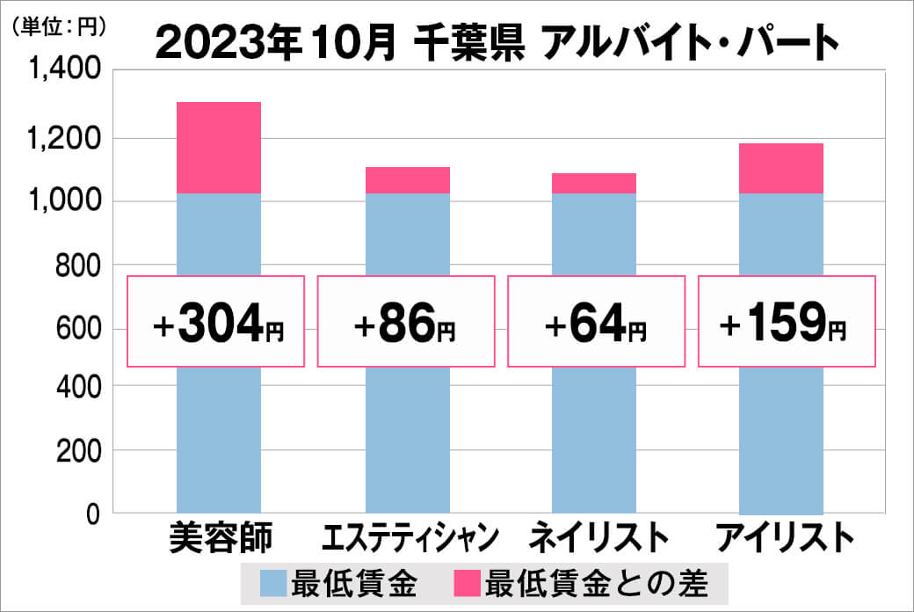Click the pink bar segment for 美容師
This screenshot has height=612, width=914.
click(219, 148)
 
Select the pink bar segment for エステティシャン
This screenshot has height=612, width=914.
click(407, 180)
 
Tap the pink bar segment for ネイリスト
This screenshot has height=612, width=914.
click(594, 184)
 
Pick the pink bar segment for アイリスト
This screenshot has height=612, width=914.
click(781, 168)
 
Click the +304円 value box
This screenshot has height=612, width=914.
click(216, 322)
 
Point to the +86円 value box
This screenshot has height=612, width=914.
click(406, 322)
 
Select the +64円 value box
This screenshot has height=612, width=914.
click(596, 322)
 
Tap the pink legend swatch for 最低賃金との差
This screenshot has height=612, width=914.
click(467, 582)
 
